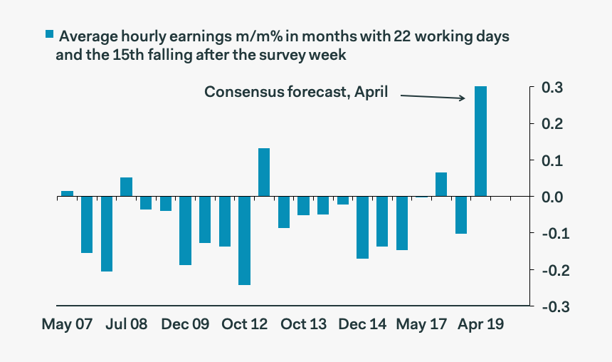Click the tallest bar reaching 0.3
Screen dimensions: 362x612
coord(480,141)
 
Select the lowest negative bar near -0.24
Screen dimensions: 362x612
coord(244,241)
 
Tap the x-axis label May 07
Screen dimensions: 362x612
coord(68,325)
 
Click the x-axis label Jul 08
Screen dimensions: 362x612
coord(126,325)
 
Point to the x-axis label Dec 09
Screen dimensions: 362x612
coord(185,325)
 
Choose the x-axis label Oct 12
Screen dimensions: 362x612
coord(244,325)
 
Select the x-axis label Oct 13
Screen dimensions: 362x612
coord(303,325)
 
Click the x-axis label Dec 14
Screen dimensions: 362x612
coord(362,325)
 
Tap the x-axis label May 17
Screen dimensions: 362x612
coord(421,325)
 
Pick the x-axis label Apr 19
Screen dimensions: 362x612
coord(480,325)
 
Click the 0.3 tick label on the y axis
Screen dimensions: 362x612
coord(554,88)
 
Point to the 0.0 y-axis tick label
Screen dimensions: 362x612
coord(554,197)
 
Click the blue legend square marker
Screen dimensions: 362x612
coord(49,34)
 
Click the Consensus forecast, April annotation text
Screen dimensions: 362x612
coord(296,92)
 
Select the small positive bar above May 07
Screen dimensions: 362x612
coord(67,194)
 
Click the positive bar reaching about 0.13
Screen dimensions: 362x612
coord(264,172)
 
